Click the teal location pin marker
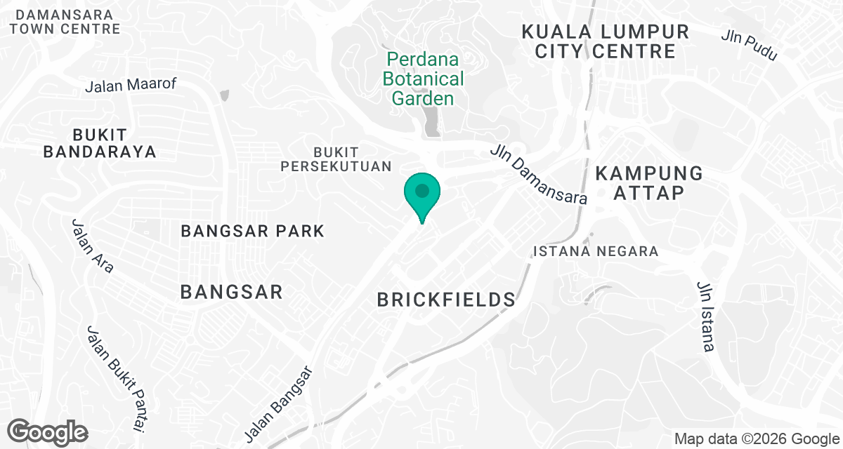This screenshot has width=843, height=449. pyautogui.click(x=421, y=193)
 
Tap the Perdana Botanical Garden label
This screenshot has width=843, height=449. pyautogui.click(x=424, y=79)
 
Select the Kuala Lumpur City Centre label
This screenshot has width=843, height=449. pyautogui.click(x=604, y=41)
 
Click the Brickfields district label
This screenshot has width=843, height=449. pyautogui.click(x=447, y=300)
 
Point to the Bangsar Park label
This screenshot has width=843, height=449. pyautogui.click(x=253, y=231)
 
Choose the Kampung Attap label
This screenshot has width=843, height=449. pyautogui.click(x=648, y=182)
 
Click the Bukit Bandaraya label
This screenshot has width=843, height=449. pyautogui.click(x=99, y=142)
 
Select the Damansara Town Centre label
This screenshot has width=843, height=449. pyautogui.click(x=65, y=22)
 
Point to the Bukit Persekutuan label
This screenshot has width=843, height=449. pyautogui.click(x=336, y=159)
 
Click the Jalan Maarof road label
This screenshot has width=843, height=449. pyautogui.click(x=131, y=85)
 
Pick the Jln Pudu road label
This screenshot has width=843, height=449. pyautogui.click(x=749, y=45)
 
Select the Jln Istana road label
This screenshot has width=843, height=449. pyautogui.click(x=705, y=316)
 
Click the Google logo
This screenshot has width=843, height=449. pyautogui.click(x=47, y=432)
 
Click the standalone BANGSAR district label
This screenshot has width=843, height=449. pyautogui.click(x=232, y=292)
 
